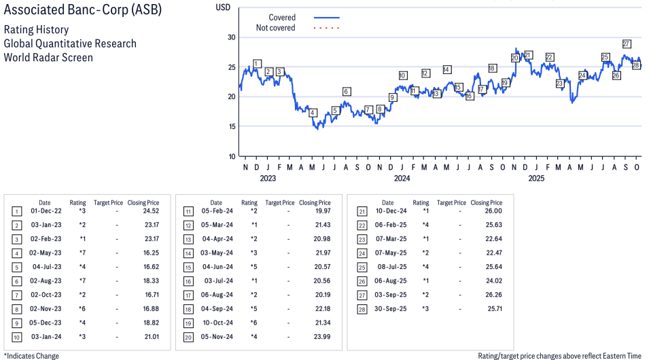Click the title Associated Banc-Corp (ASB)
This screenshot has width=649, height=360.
coord(83,12)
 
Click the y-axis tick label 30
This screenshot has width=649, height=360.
coord(232,37)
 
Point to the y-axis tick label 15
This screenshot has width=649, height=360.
coord(232,126)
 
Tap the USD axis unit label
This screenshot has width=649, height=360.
coord(222,7)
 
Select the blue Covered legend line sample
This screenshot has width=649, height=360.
coord(327,18)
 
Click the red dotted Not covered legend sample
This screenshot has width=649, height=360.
coord(327,28)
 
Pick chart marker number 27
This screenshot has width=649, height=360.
coord(627,44)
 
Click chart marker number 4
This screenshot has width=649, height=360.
coord(313,113)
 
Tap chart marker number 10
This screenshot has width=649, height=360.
coord(403,75)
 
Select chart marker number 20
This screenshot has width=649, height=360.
coord(515,58)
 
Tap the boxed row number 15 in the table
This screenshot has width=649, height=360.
coord(188,266)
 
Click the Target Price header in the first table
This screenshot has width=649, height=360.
coord(108,202)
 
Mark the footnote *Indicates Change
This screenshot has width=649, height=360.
coord(32,356)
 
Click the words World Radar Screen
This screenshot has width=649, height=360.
coord(48,57)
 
